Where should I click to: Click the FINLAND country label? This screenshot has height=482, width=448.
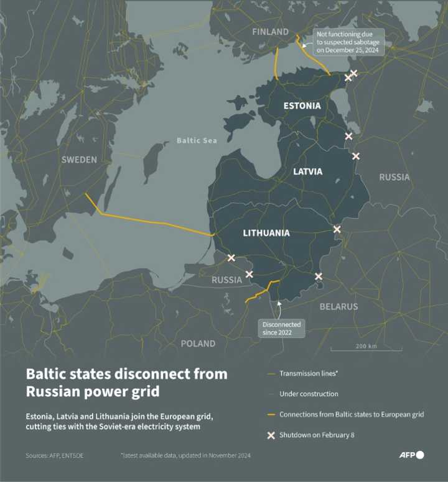pos(270,32)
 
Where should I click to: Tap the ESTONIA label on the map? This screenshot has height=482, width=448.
pos(302,106)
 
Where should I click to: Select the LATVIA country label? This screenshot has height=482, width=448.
pos(307,171)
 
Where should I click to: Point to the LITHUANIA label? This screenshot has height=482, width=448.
pos(266,233)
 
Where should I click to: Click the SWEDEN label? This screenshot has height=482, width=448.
pos(79,160)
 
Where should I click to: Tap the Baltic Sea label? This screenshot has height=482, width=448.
pos(197,140)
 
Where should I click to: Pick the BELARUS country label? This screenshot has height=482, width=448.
pos(338,306)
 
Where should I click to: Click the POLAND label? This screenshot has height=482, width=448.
pos(198,343)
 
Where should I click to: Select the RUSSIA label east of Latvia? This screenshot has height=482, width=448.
pos(394,177)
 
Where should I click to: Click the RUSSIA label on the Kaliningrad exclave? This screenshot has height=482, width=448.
pos(226,280)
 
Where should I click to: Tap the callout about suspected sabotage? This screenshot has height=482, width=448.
pos(348,42)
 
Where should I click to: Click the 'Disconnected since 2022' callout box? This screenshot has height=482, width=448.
pos(281,329)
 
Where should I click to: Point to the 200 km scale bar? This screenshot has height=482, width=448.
pos(365,350)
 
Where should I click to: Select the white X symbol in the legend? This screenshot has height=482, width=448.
pos(271,435)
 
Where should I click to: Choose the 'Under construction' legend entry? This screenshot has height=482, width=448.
pos(309,394)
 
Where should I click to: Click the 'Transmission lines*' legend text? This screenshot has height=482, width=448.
pos(309,373)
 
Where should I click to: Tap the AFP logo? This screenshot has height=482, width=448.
pos(411,455)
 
